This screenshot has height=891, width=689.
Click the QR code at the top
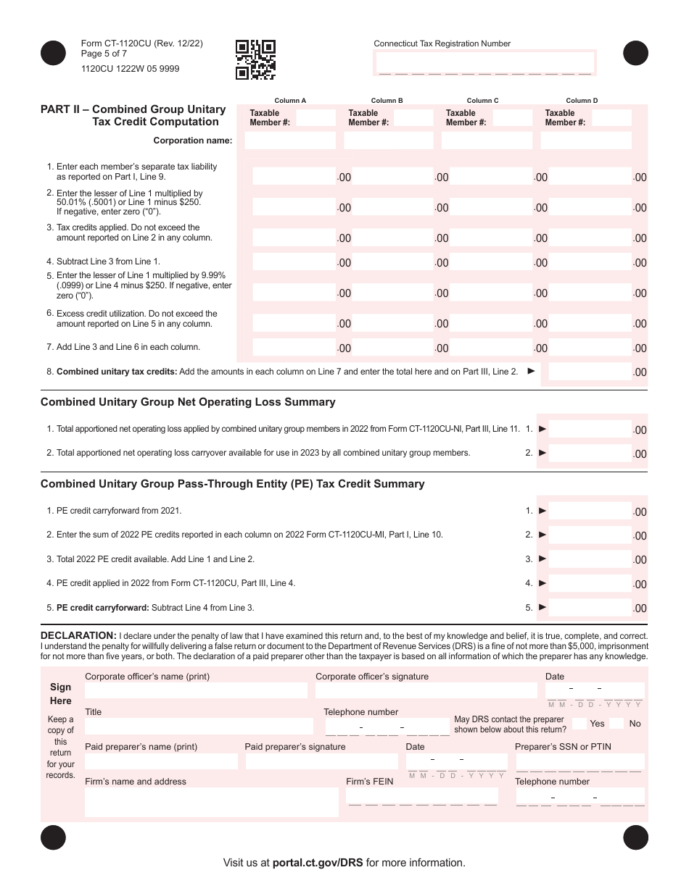coord(255,59)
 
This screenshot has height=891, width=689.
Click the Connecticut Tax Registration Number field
coord(484,64)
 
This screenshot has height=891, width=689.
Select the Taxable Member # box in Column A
coord(316,117)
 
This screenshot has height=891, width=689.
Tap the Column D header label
coord(582,101)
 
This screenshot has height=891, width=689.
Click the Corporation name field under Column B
coord(389,141)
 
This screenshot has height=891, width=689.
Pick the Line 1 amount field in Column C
coord(487,176)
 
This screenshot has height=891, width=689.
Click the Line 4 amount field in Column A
coord(293,262)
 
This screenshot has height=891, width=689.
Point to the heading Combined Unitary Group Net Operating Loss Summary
coord(188,402)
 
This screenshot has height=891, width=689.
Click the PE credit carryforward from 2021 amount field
coord(589,511)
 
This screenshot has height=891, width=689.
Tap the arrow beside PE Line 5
coord(542,608)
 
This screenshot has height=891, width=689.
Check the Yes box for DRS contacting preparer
coord(579,723)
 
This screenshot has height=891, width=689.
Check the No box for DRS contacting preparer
coord(616,723)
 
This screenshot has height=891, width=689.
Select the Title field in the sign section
coord(199,726)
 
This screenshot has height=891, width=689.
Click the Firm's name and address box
coord(211,802)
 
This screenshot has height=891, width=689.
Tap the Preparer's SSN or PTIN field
coord(579,761)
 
